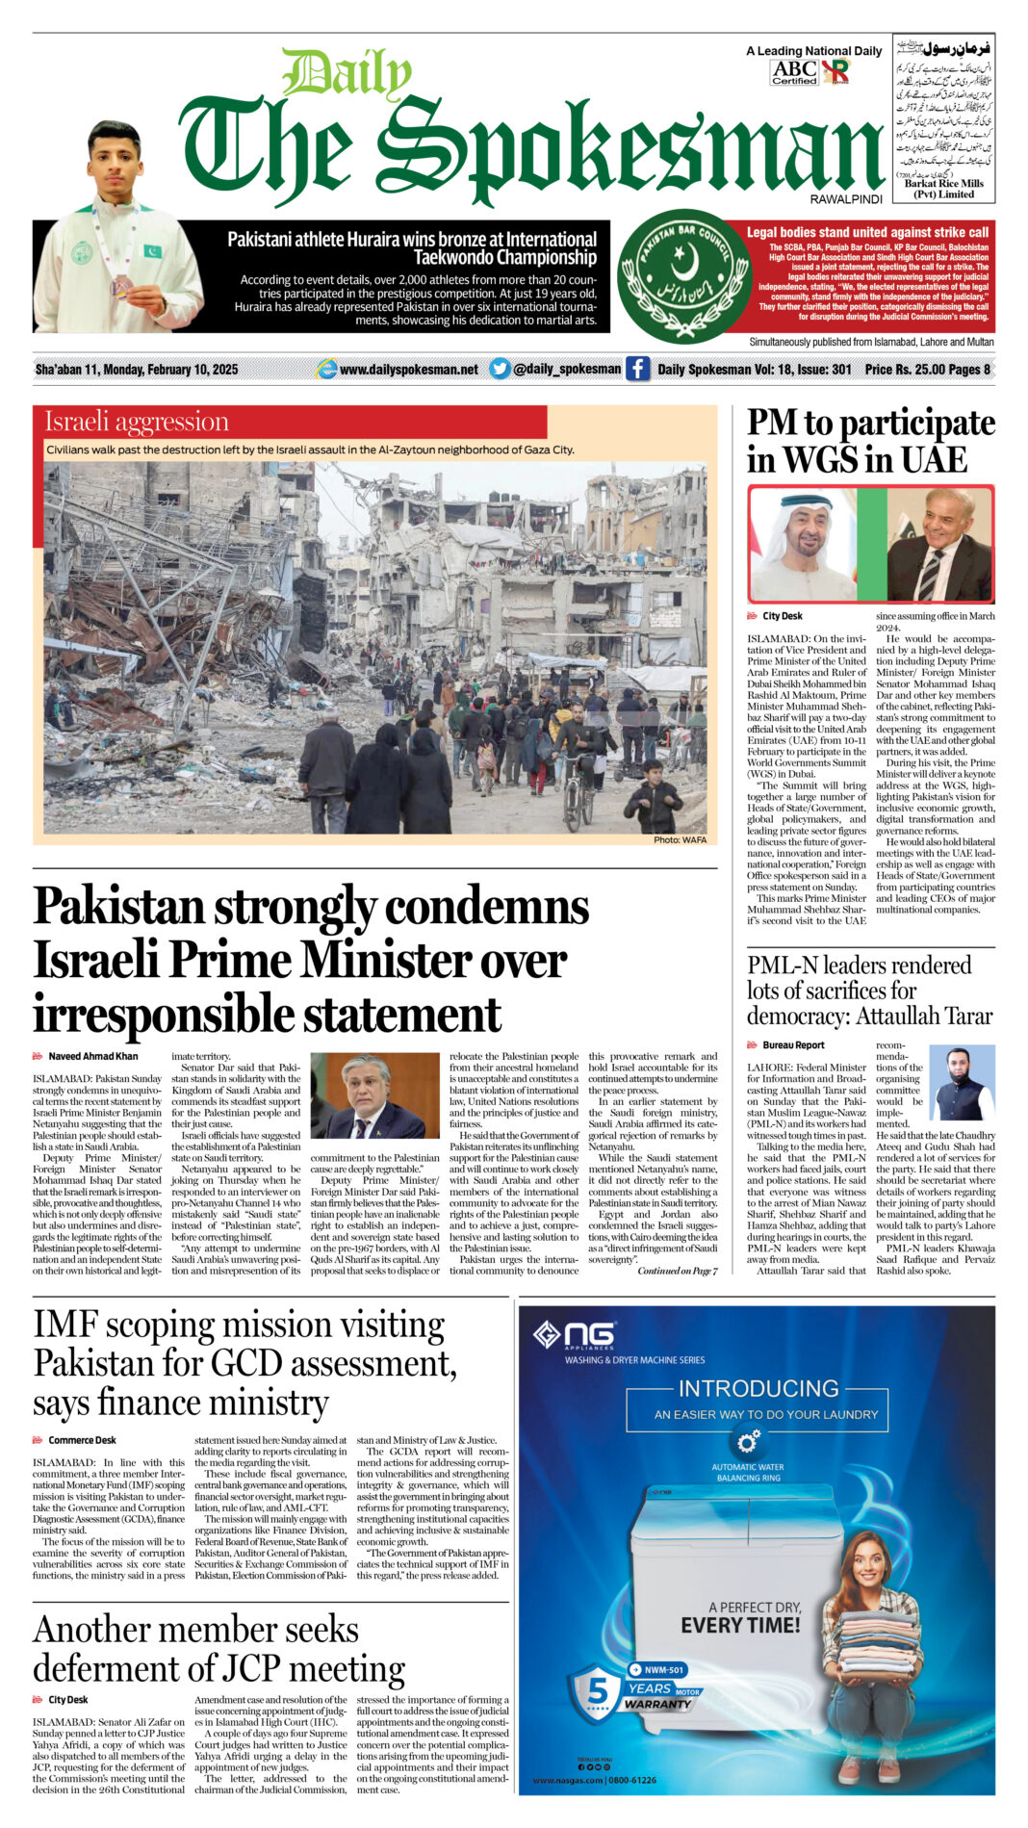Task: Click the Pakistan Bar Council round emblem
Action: click(x=683, y=275)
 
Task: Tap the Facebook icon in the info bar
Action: click(x=637, y=369)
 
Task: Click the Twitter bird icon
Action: click(x=500, y=369)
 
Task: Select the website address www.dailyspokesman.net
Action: click(x=408, y=370)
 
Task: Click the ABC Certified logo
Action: click(x=795, y=72)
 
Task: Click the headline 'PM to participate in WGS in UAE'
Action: click(x=870, y=441)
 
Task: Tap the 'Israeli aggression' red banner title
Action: click(x=137, y=422)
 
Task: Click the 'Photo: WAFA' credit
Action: click(x=680, y=840)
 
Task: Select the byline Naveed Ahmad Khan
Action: click(x=92, y=1056)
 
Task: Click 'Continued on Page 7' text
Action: click(x=677, y=1271)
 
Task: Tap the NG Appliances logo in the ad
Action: click(x=575, y=1335)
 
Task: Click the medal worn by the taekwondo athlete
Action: click(x=121, y=285)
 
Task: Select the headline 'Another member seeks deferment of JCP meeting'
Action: click(x=218, y=1648)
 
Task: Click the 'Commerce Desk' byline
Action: click(x=82, y=1440)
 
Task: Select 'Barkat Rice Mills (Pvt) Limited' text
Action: click(x=943, y=189)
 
